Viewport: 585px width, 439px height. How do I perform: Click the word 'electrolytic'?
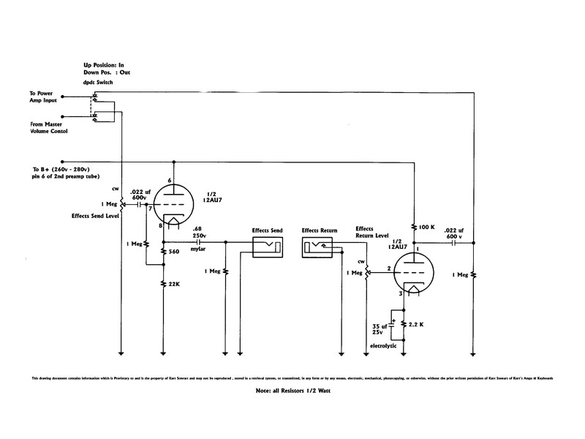[x=388, y=345]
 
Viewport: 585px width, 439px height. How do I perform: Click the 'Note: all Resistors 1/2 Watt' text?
[x=292, y=391]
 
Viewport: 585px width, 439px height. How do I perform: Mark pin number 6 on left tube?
[x=170, y=181]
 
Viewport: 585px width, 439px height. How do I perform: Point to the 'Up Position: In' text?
[x=108, y=65]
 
